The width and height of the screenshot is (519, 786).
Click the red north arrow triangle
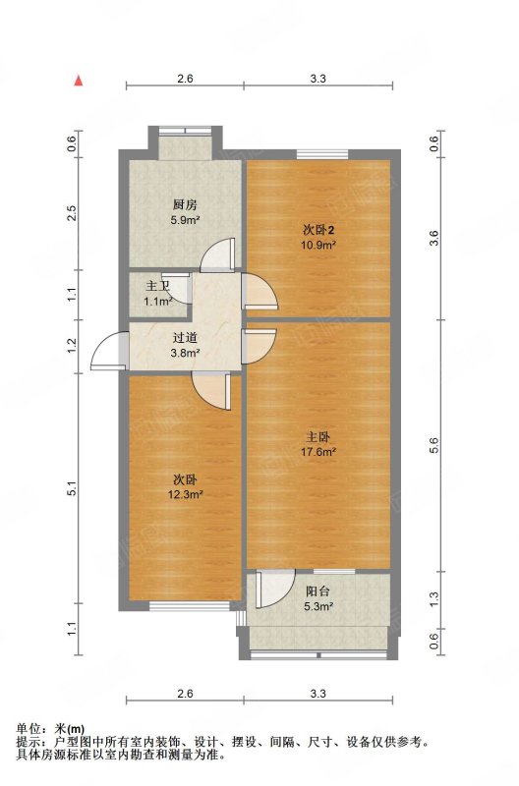click(79, 81)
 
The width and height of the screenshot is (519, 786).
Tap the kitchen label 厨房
click(185, 204)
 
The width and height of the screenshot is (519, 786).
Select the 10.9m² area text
click(317, 245)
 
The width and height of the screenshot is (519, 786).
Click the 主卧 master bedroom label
click(317, 437)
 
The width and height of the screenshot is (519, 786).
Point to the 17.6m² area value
click(317, 452)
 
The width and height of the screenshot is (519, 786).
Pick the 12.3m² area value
click(185, 495)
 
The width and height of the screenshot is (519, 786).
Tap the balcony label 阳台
click(317, 591)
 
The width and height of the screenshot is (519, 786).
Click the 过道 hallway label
click(185, 338)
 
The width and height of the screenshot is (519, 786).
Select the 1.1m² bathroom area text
click(158, 302)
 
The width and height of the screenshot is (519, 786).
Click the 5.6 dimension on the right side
click(434, 446)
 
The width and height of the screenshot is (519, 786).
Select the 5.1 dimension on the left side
click(72, 488)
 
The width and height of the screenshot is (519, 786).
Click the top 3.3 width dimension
click(317, 79)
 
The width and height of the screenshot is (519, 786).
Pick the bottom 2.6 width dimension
click(185, 694)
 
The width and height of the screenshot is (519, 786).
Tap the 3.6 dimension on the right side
click(434, 238)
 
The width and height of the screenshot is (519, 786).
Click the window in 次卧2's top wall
click(322, 154)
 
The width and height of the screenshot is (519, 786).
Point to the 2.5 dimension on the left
click(72, 213)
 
